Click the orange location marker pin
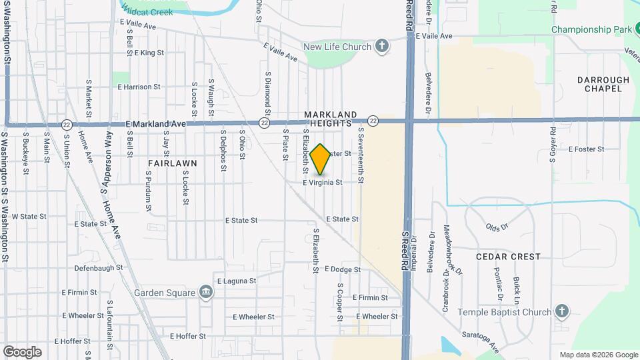pos(321,159)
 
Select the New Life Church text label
pos(337,47)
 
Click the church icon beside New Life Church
pos(381,46)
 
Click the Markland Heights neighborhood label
pos(331,119)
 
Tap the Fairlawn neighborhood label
pos(172,163)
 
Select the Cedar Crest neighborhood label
pos(508,257)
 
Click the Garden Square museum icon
pos(206,292)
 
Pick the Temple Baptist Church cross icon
pos(562,311)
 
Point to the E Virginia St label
pos(323,183)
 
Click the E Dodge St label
pos(343,269)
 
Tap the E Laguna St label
pos(236,281)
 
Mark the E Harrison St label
pos(139,87)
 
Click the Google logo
pos(22,352)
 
